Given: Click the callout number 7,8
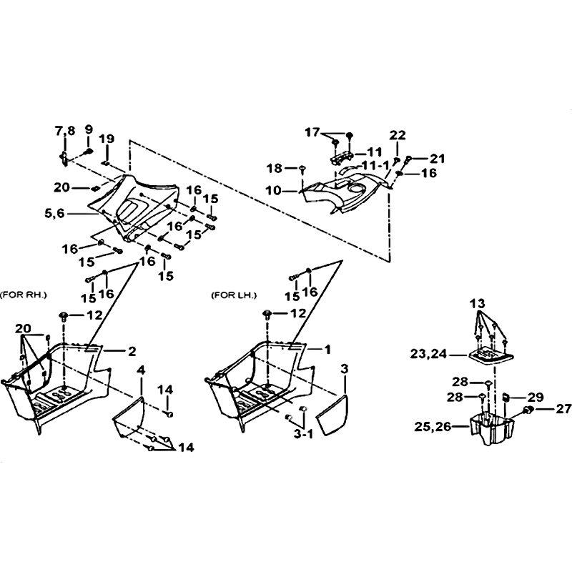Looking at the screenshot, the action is pos(65,131).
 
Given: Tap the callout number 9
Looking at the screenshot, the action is pos(89,129).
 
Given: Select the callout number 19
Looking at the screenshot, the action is pos(107,139).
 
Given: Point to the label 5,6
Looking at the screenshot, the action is pos(54,213).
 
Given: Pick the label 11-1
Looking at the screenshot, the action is pos(375,166).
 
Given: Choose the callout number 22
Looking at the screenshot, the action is pos(398,135).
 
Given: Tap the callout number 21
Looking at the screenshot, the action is pos(438,159).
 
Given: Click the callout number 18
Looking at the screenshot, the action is pos(274,168).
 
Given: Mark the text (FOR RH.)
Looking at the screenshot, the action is pos(24,295).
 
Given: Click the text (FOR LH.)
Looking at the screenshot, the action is pos(234,295).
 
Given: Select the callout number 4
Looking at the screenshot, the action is pos(141,370).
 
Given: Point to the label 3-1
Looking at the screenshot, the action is pos(303,434).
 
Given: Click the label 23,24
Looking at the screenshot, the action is pos(428,354).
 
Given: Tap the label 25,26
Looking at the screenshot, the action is pos(433,426).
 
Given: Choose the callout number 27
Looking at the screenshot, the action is pos(563,409).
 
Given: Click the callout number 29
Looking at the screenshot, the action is pos(536,397).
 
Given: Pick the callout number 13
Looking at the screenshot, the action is pos(477,303).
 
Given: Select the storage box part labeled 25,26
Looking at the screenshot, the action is pos(493,428).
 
